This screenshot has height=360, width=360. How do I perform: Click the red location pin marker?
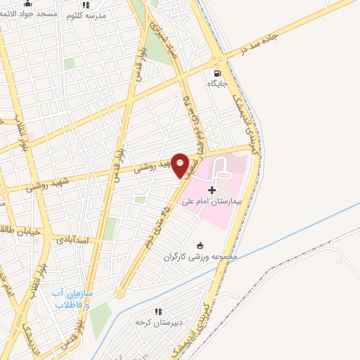pyautogui.click(x=181, y=165)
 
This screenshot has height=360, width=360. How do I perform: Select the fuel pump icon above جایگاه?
pyautogui.click(x=216, y=72)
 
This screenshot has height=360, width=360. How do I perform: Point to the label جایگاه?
pyautogui.click(x=215, y=84)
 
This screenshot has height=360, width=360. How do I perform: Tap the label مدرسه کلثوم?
pyautogui.click(x=86, y=15)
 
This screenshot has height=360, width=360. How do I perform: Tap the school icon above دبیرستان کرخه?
pyautogui.click(x=158, y=311)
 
